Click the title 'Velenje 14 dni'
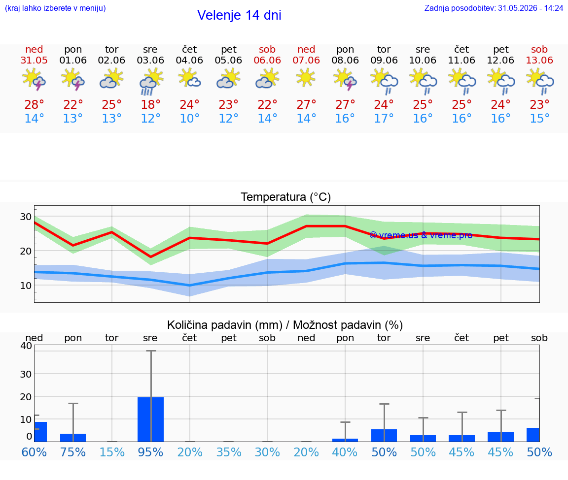click(239, 15)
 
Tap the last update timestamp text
click(494, 8)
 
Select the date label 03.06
click(150, 60)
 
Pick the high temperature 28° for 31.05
click(34, 104)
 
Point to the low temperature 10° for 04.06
click(189, 118)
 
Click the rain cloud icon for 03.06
click(150, 81)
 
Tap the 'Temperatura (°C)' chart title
click(286, 197)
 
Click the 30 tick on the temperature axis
click(26, 217)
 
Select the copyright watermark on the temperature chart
click(421, 235)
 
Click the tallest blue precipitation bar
click(151, 419)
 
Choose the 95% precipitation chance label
click(150, 452)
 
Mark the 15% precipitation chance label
click(112, 452)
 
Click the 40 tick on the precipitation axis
click(26, 346)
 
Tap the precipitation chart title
click(284, 325)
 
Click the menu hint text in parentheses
click(55, 8)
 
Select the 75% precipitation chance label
click(73, 452)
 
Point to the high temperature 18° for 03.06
click(150, 104)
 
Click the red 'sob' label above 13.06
click(539, 49)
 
